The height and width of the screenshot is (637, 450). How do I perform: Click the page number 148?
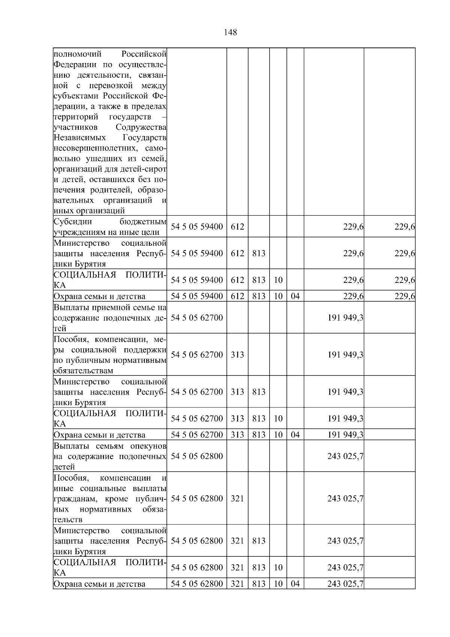[230, 33]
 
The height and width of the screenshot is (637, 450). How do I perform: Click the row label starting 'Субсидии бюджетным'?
[110, 227]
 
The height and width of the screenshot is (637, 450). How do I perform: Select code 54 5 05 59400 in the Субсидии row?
[196, 227]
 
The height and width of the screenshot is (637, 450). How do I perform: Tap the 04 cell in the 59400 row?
[295, 296]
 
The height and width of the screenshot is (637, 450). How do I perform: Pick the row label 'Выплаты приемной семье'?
[110, 318]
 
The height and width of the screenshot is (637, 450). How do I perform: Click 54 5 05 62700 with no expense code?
[196, 318]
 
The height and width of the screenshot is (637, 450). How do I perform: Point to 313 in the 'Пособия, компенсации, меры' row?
[237, 355]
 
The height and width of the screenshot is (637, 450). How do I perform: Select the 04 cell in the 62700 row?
[295, 435]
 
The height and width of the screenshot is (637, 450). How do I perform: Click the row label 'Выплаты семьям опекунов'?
[110, 456]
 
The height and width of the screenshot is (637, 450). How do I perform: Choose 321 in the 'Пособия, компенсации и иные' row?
[237, 499]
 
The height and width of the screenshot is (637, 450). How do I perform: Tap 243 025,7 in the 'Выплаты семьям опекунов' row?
[345, 456]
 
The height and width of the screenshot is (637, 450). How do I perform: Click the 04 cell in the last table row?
[295, 584]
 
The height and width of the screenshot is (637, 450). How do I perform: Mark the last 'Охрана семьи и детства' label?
[99, 584]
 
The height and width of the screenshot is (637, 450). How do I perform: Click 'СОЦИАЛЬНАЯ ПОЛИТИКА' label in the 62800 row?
[110, 567]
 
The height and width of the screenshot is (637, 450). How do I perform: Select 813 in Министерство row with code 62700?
[258, 392]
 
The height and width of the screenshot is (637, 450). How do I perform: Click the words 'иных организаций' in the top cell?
[89, 210]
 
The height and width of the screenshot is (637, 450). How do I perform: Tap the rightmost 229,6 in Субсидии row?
[404, 227]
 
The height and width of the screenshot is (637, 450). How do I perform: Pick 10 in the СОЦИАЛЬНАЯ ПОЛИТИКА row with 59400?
[278, 280]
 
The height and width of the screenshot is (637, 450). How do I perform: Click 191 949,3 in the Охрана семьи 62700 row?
[345, 435]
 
